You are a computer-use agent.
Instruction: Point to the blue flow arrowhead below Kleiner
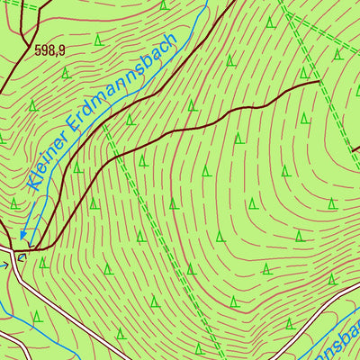pos(24,239)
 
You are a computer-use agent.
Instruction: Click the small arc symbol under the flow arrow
pos(22,256)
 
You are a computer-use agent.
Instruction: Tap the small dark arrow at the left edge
pos(4,265)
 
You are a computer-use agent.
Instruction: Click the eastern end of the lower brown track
pos(319,81)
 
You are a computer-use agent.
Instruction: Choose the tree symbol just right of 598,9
pos(67,73)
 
